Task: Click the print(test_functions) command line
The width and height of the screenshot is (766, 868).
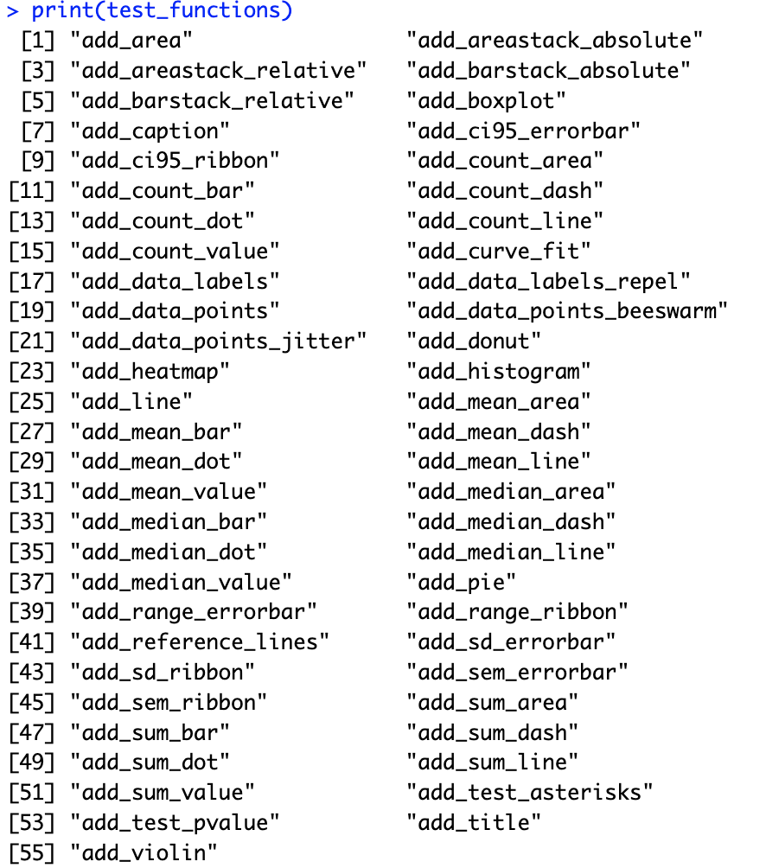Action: [161, 11]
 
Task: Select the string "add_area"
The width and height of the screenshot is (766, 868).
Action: [131, 41]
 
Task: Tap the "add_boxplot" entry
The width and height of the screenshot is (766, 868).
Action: [486, 101]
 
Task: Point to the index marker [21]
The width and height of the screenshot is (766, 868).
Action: [31, 341]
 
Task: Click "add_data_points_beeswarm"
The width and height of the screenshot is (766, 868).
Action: [567, 311]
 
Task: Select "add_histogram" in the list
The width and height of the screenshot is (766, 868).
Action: [499, 372]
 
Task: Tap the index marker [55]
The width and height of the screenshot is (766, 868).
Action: [31, 852]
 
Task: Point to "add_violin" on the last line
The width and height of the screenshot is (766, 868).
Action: [144, 852]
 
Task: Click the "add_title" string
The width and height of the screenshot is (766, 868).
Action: [474, 822]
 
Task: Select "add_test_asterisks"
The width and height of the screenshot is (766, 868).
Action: [530, 792]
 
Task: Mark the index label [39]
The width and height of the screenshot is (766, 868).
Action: [31, 612]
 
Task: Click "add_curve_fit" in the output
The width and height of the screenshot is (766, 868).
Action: [499, 252]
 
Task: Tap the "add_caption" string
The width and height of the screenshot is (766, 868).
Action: [150, 131]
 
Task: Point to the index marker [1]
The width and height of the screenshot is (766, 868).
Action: [37, 41]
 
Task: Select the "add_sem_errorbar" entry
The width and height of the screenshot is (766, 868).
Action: [517, 672]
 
